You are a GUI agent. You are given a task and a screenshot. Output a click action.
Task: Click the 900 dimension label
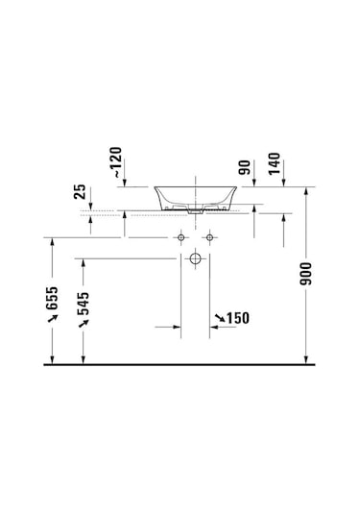(x=306, y=274)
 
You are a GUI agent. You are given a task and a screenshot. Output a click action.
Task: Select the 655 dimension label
(x=52, y=298)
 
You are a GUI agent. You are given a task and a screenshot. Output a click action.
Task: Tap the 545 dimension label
(x=84, y=304)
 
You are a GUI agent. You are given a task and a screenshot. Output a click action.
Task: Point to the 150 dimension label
(x=238, y=318)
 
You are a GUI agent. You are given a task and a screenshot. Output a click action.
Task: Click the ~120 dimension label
(x=118, y=162)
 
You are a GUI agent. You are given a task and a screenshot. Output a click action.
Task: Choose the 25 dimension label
(x=80, y=192)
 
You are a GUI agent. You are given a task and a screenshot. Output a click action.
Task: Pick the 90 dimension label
(x=245, y=167)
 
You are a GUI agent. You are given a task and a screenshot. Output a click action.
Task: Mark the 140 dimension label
(x=275, y=164)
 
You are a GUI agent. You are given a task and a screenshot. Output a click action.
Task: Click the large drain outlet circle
(x=195, y=258)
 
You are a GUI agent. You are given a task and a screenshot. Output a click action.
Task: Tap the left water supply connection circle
(x=180, y=237)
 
